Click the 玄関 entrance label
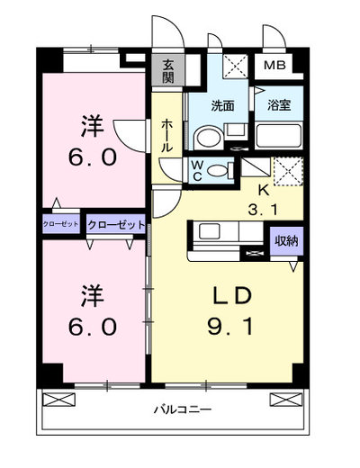pos(167,71)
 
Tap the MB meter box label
pos(274,65)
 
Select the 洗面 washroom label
pos(222,106)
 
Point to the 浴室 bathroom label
pos(279,105)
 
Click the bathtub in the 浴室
pos(279,135)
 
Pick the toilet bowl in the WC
pos(217,171)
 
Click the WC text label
pos(197,170)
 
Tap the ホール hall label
pos(167,135)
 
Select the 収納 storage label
pos(286,240)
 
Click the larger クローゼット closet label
pos(116,224)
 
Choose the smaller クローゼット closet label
pos(61,224)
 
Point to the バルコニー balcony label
pos(183,409)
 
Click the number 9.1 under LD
pos(230,327)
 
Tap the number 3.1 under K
pos(264,210)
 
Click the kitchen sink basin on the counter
pos(210,231)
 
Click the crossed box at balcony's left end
pos(58,400)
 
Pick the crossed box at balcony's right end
pos(286,400)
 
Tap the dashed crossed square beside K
pos(288,171)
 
